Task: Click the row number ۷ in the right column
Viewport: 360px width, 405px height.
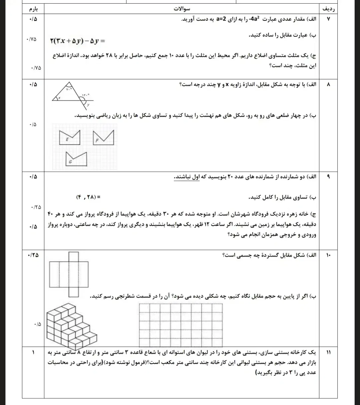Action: coord(328,19)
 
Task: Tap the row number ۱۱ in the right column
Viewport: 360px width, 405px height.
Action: coord(328,353)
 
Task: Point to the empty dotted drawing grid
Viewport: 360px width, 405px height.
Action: coord(180,325)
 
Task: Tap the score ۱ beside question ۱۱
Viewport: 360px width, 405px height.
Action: coord(34,353)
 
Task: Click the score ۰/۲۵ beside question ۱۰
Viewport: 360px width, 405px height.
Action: coord(33,255)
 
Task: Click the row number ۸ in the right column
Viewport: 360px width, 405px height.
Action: coord(328,85)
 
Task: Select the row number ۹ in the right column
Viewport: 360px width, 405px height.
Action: coord(328,177)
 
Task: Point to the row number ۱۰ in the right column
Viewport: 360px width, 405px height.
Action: coord(328,255)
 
